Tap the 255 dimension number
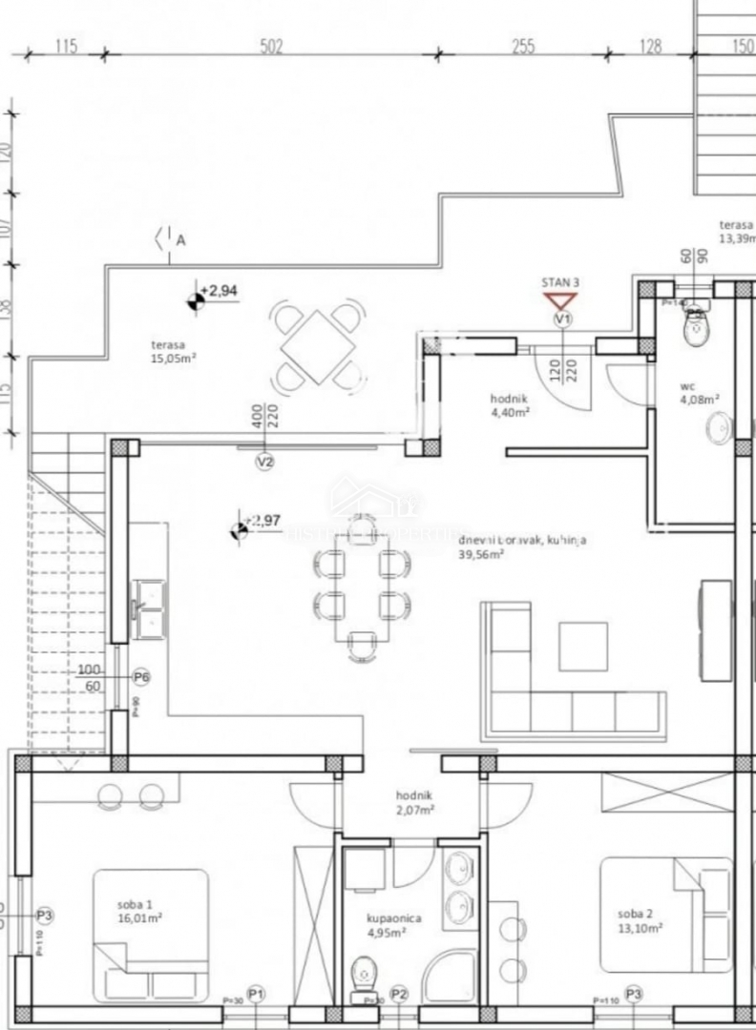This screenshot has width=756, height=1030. pyautogui.click(x=523, y=47)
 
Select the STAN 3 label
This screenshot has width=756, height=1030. pyautogui.click(x=560, y=282)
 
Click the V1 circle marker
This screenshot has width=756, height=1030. pyautogui.click(x=562, y=319)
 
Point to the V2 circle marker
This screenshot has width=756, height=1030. pyautogui.click(x=265, y=462)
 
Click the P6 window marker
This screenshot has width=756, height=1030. pyautogui.click(x=141, y=676)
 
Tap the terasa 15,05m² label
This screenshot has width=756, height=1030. pyautogui.click(x=173, y=352)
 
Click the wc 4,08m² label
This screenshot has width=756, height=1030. pyautogui.click(x=699, y=394)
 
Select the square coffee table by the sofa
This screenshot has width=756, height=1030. pyautogui.click(x=583, y=646)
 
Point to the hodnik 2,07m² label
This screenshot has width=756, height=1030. pyautogui.click(x=414, y=802)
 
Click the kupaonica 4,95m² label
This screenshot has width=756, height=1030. pyautogui.click(x=394, y=925)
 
